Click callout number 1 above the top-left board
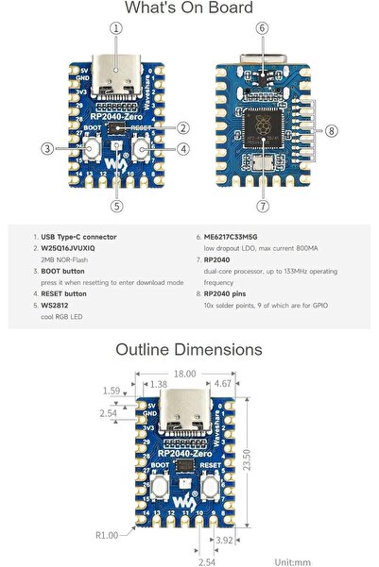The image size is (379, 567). (x=116, y=28)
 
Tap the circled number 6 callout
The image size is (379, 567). (x=262, y=28)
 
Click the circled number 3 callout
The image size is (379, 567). (x=45, y=147)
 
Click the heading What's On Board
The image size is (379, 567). (x=189, y=8)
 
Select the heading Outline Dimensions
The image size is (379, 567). (x=189, y=349)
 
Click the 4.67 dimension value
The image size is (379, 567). (x=223, y=384)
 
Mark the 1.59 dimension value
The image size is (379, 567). (x=112, y=390)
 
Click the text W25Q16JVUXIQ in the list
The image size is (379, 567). (x=74, y=247)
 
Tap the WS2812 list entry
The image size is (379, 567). (x=56, y=305)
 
